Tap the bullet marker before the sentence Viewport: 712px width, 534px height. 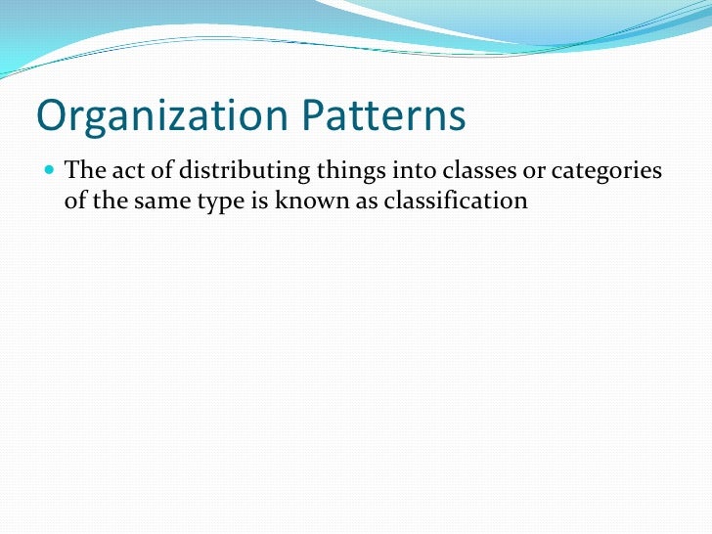pyautogui.click(x=49, y=172)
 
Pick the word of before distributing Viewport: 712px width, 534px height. pyautogui.click(x=161, y=172)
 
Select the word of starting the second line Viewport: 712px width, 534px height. pyautogui.click(x=75, y=200)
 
